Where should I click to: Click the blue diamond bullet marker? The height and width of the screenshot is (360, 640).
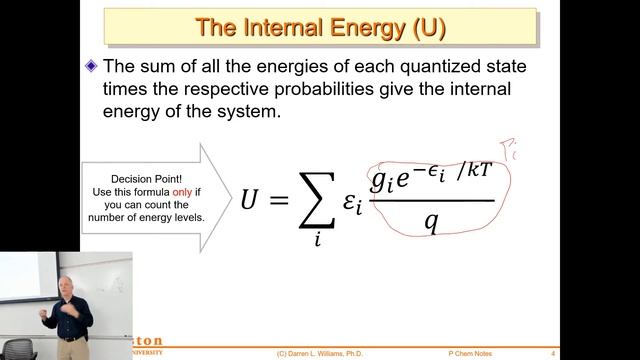tap(92, 67)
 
